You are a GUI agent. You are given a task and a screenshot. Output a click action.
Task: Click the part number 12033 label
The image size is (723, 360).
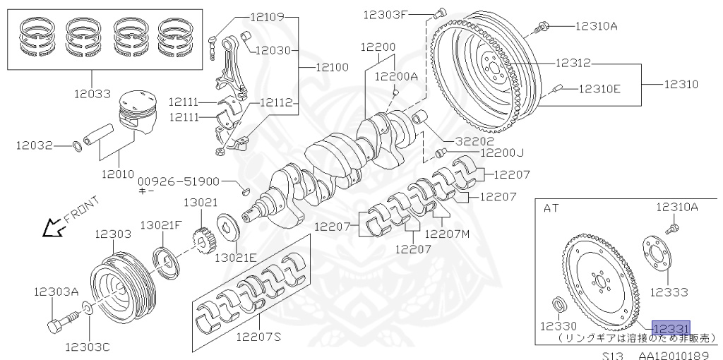point(92,92)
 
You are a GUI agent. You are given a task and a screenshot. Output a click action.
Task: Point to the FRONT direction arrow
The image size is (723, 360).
point(52,227)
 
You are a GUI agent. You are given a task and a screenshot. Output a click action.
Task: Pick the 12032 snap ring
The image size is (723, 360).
point(77,146)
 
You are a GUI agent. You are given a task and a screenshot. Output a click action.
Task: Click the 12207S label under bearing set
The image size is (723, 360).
point(258,337)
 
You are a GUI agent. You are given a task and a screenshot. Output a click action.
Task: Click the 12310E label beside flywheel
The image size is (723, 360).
point(599,88)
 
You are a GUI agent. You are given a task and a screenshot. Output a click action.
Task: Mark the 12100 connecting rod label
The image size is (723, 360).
point(332,67)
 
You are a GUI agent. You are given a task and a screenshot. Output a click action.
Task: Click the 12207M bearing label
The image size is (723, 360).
point(448,234)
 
